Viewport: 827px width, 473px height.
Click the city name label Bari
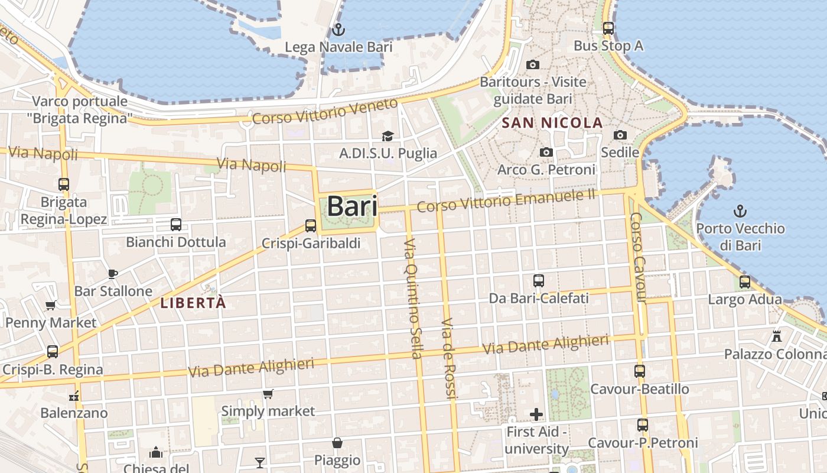coord(351,206)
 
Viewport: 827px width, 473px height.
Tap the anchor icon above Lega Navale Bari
coord(338,29)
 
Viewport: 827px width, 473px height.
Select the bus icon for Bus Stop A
coord(608,28)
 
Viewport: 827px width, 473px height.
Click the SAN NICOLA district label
coord(552,123)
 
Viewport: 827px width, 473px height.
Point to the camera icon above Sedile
coord(620,135)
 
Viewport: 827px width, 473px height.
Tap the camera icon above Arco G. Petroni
coord(546,153)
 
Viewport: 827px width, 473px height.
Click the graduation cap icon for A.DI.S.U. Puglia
coord(388,136)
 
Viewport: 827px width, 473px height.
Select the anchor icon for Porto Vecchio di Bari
coord(740,210)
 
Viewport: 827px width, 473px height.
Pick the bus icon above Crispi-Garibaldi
coord(311,225)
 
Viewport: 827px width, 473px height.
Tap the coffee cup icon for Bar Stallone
coord(113,274)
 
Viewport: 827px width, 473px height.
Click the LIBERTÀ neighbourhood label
coord(193,303)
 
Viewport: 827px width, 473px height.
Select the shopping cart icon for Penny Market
coord(50,305)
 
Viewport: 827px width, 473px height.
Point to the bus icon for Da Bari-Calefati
coord(538,281)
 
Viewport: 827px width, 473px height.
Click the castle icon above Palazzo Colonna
coord(777,336)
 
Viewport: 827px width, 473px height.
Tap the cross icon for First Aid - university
coord(536,414)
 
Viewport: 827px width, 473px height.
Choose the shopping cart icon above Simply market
coord(268,393)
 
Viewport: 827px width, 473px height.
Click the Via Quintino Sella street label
coord(413,299)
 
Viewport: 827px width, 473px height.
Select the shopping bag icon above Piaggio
coord(337,443)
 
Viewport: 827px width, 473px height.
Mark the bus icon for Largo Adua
coord(745,282)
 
